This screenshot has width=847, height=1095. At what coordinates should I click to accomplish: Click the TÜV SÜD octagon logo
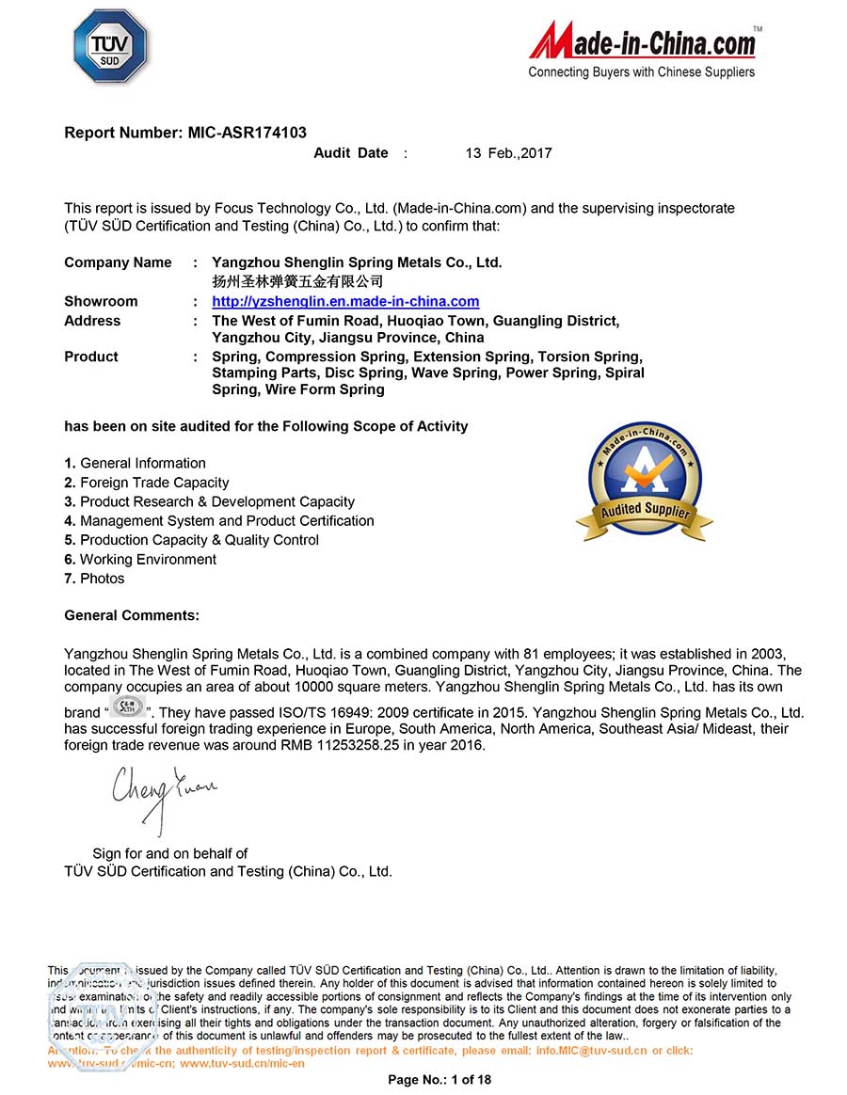110,47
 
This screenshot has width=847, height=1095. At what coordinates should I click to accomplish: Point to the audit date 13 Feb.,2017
508,153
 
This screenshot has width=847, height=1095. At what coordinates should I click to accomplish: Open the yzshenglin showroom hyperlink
345,301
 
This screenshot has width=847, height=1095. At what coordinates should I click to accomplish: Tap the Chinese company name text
297,281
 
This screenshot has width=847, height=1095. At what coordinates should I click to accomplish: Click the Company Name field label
118,262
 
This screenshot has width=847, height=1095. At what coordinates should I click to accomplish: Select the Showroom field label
101,301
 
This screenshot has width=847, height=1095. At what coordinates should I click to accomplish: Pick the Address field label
92,321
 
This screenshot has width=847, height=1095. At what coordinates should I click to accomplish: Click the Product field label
91,357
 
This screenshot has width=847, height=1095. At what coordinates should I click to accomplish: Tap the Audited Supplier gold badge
645,481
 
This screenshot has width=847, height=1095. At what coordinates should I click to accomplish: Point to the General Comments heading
132,615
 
